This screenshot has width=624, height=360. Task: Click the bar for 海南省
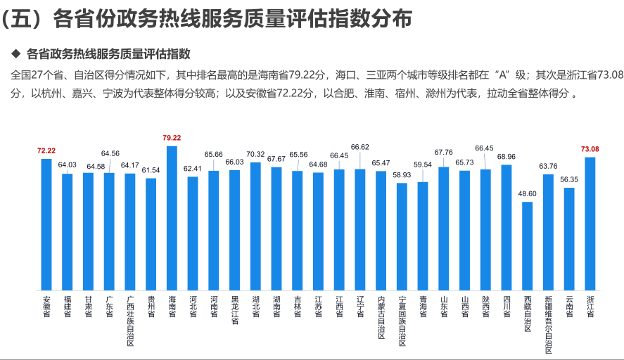pos(172,218)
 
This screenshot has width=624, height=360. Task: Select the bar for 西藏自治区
pos(527,246)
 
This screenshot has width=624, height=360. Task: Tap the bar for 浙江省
pos(590,224)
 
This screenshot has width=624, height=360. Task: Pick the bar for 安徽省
pos(46,224)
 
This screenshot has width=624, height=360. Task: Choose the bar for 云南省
pos(569,239)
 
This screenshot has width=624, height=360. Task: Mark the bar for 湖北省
pos(255,226)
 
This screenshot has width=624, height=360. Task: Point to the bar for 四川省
pos(507,228)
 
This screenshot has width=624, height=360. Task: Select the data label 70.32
pos(255,154)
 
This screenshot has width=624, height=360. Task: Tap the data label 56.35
pos(569,179)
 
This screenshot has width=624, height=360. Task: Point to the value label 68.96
pos(507,156)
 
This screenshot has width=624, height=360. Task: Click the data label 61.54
pos(151,170)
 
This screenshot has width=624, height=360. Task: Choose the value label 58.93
pos(402,174)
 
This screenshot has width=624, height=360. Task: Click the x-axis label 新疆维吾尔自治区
pos(548,324)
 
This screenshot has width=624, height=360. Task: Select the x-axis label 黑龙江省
pos(235,310)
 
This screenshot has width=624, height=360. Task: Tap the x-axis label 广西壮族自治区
pos(130,321)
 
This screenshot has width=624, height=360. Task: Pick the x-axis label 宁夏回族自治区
pos(402,321)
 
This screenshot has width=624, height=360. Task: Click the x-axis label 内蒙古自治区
pos(381,317)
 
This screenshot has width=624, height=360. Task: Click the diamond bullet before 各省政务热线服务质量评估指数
pos(15,54)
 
